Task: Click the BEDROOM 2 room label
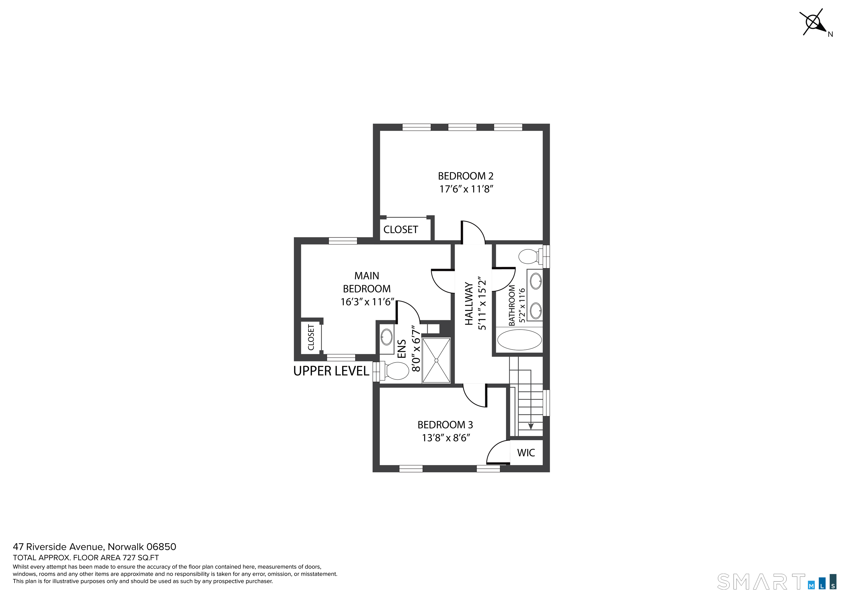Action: (x=466, y=176)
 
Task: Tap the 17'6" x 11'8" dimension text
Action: (x=466, y=189)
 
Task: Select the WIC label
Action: (x=526, y=453)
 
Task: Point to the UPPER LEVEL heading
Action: (x=331, y=371)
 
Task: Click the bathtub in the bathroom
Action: (x=519, y=340)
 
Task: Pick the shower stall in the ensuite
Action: (x=436, y=360)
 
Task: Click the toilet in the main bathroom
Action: (x=531, y=256)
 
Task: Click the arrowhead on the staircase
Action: (x=530, y=426)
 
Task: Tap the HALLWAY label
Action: (x=468, y=304)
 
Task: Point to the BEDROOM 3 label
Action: (x=445, y=425)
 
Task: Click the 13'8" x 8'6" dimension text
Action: (x=446, y=438)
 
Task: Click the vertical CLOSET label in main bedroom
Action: (x=311, y=337)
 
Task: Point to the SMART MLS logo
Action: (x=775, y=582)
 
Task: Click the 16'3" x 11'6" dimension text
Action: (x=367, y=302)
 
